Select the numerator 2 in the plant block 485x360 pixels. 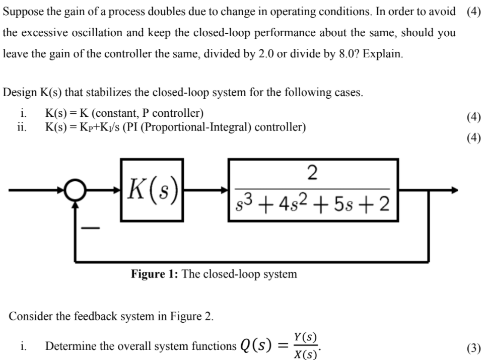[x=313, y=173]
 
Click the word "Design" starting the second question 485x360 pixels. [x=20, y=93]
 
